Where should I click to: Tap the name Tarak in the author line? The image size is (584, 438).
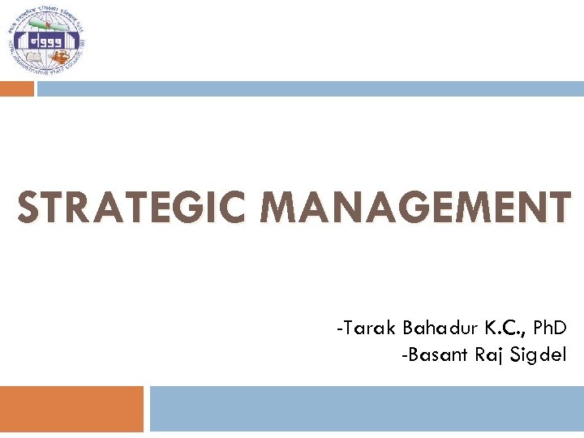tap(370, 328)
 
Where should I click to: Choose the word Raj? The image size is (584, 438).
tap(489, 354)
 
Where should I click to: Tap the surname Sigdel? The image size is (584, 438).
tap(540, 354)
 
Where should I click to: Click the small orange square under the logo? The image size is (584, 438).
tap(16, 88)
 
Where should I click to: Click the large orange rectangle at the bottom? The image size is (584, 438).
tap(71, 408)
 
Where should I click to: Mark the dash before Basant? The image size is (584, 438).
tap(405, 355)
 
